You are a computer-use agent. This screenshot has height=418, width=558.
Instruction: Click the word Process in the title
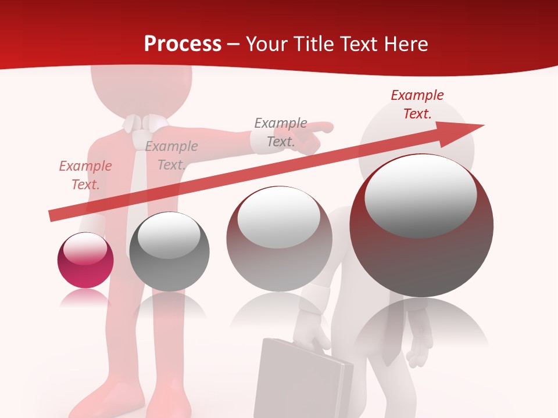pos(183,44)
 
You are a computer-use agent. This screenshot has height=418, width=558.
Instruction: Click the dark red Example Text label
pos(417,105)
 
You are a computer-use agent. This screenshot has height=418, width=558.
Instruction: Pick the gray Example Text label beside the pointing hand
pos(281,132)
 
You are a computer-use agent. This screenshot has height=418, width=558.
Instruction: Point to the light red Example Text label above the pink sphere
pos(85,175)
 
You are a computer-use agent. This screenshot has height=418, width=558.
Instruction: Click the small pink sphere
pos(85,260)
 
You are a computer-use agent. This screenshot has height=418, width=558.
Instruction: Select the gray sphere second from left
pos(169,251)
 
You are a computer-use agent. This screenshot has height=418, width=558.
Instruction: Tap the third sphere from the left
pos(279,239)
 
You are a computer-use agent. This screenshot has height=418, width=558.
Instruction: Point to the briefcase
pos(302,380)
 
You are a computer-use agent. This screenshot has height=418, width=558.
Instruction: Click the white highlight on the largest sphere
pos(420,194)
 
